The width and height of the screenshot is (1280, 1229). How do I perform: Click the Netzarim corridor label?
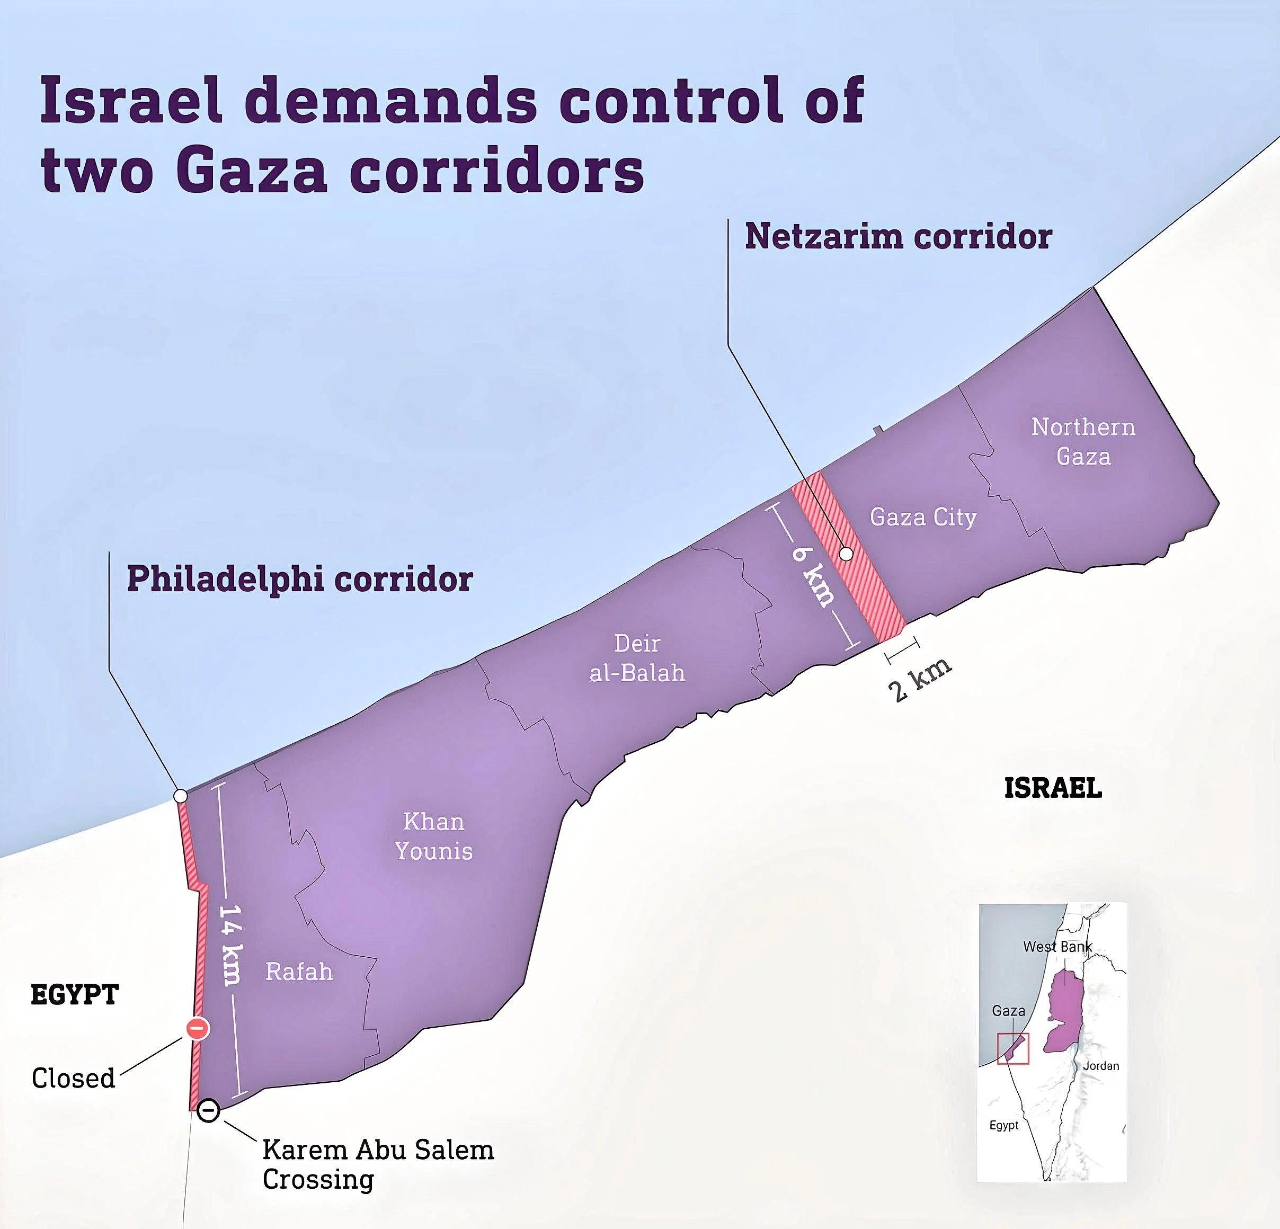pyautogui.click(x=898, y=236)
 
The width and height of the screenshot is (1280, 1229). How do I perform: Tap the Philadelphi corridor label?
pyautogui.click(x=299, y=579)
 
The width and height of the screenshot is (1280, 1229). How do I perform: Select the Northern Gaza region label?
pyautogui.click(x=1083, y=441)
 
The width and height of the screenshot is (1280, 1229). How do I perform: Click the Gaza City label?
pyautogui.click(x=923, y=517)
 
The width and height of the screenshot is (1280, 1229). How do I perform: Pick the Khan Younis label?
pyautogui.click(x=433, y=836)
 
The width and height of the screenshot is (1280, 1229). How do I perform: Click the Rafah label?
pyautogui.click(x=299, y=972)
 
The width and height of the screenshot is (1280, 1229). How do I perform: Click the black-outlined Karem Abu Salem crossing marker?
pyautogui.click(x=208, y=1111)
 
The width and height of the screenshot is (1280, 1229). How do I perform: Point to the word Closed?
pyautogui.click(x=73, y=1078)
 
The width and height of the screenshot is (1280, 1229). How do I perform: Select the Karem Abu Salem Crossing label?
pyautogui.click(x=377, y=1164)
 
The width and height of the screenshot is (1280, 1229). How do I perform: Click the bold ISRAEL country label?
pyautogui.click(x=1053, y=788)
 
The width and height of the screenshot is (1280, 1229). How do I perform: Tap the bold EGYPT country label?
pyautogui.click(x=75, y=994)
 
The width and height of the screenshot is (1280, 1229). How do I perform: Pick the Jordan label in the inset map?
pyautogui.click(x=1101, y=1066)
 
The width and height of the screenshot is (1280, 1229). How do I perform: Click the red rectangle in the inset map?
pyautogui.click(x=1013, y=1049)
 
